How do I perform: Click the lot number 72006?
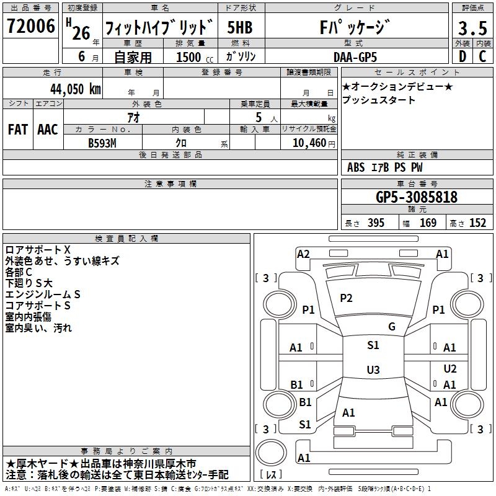pyautogui.click(x=30, y=26)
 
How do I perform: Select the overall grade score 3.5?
pyautogui.click(x=472, y=29)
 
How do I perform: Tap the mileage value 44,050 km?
pyautogui.click(x=76, y=89)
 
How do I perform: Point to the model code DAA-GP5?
pyautogui.click(x=355, y=57)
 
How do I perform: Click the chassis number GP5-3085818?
pyautogui.click(x=417, y=197)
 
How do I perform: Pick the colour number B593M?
pyautogui.click(x=102, y=143)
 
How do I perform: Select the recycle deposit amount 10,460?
pyautogui.click(x=309, y=143)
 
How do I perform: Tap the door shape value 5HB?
pyautogui.click(x=240, y=27)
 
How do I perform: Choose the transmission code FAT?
pyautogui.click(x=18, y=130)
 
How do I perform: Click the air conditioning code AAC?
pyautogui.click(x=48, y=130)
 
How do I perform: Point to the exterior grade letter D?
pyautogui.click(x=463, y=56)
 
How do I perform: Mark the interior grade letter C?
pyautogui.click(x=482, y=56)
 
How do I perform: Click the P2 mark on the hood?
pyautogui.click(x=346, y=298)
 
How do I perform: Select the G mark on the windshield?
pyautogui.click(x=392, y=327)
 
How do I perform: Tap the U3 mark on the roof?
pyautogui.click(x=373, y=370)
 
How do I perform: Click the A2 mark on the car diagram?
pyautogui.click(x=303, y=254)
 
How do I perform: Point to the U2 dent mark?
pyautogui.click(x=450, y=368)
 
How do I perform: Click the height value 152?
pyautogui.click(x=477, y=223)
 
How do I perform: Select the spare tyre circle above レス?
pyautogui.click(x=271, y=453)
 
